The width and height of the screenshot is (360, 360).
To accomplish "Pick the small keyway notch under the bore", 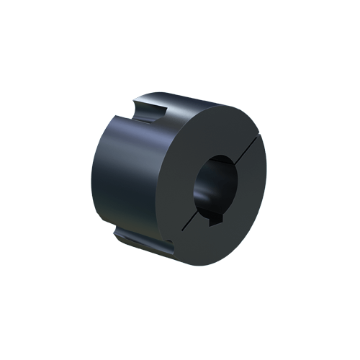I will click(x=214, y=225).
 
